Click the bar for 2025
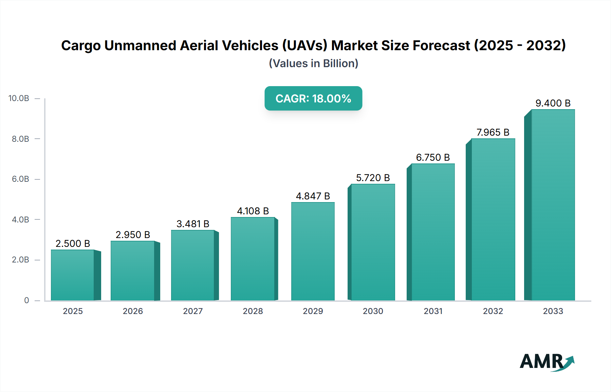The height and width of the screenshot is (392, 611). tap(73, 275)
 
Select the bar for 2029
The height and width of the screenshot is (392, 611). tap(313, 251)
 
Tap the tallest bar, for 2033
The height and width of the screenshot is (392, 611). tap(553, 205)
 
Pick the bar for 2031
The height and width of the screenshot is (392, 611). tap(433, 232)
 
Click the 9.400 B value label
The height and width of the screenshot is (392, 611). tap(553, 103)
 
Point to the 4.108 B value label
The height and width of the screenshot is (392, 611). tap(253, 211)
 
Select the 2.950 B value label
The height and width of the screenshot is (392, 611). tap(133, 235)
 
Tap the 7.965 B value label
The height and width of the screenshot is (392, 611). tap(493, 132)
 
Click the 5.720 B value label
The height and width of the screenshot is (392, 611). tap(373, 178)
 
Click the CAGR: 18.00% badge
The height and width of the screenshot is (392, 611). tap(313, 98)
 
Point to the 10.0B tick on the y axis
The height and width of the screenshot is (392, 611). tap(19, 98)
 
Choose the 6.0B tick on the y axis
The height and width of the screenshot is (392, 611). tap(20, 179)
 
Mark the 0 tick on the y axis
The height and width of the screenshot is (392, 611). tap(26, 300)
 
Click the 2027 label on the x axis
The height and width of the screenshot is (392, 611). tap(193, 311)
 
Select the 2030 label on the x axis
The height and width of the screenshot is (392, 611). tap(373, 311)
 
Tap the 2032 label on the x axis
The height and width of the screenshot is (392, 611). tap(493, 311)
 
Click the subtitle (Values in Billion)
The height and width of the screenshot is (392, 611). tap(313, 63)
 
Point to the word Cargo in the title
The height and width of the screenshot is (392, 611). tap(81, 45)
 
